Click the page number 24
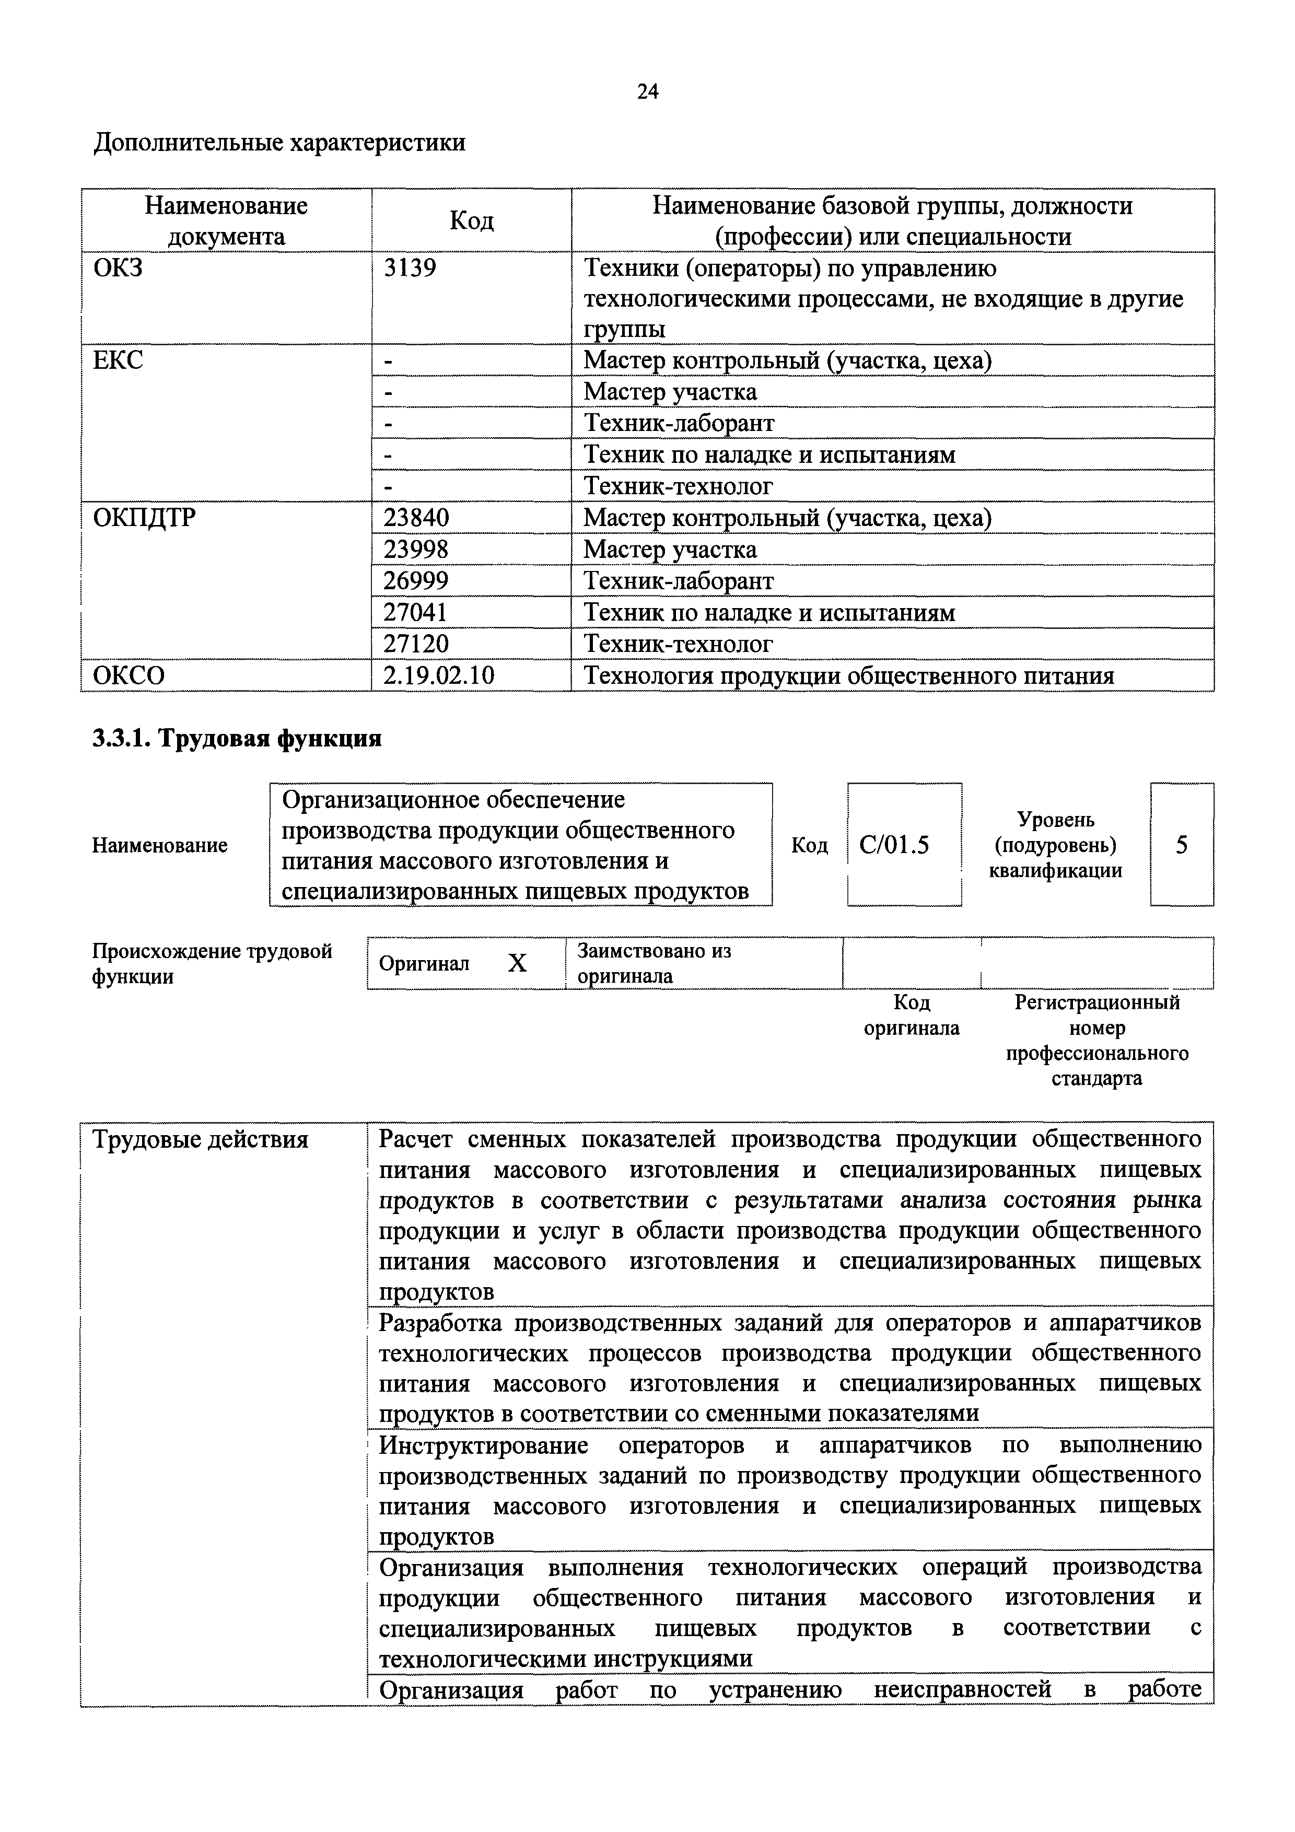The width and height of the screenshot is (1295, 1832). pyautogui.click(x=647, y=92)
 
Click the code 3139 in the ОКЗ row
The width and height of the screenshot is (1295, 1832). pyautogui.click(x=410, y=268)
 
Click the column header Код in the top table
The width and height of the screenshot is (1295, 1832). pyautogui.click(x=472, y=221)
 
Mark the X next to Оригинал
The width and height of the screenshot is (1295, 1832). pyautogui.click(x=517, y=964)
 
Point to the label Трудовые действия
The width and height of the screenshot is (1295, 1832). pyautogui.click(x=200, y=1139)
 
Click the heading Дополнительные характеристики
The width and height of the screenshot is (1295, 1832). pyautogui.click(x=280, y=143)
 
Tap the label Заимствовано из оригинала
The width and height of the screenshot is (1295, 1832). pyautogui.click(x=654, y=963)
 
